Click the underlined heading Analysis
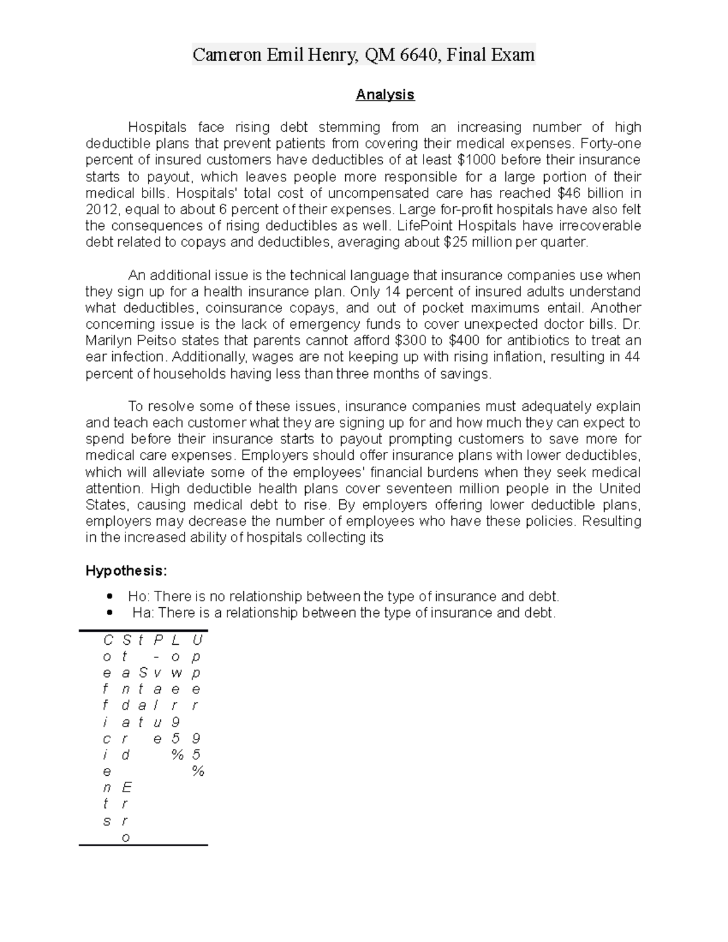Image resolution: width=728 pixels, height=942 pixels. pos(385,95)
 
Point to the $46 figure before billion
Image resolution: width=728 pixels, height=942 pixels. pos(568,193)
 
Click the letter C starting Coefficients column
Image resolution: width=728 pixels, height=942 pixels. pos(108,640)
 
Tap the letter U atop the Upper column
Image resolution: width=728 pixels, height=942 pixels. pos(197,640)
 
